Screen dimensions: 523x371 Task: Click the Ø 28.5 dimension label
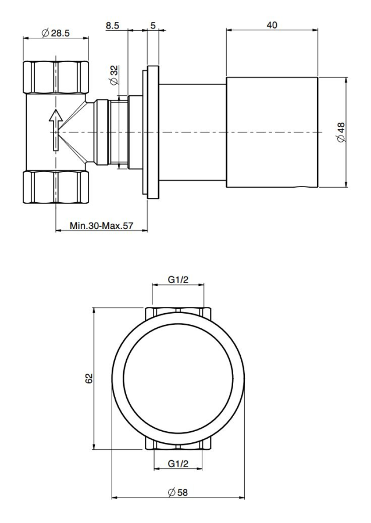(x=56, y=33)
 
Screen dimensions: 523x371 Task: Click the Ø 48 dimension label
(x=341, y=132)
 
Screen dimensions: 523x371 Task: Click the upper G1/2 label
(x=178, y=280)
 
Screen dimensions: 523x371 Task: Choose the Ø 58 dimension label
(x=178, y=492)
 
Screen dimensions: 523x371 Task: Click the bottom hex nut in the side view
(x=55, y=187)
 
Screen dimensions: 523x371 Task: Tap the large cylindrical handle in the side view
(x=272, y=132)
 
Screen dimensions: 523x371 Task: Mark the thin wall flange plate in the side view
(x=152, y=132)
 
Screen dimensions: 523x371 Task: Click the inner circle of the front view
(x=178, y=378)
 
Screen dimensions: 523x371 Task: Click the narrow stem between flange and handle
(x=192, y=132)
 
